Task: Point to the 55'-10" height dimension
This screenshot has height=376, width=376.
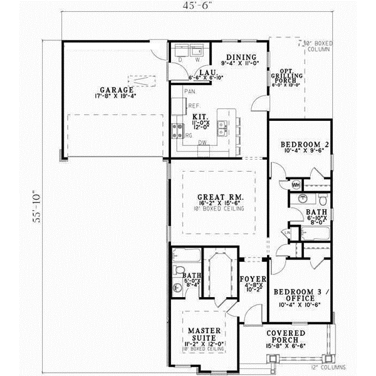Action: (38, 206)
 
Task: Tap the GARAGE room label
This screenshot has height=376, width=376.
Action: (109, 90)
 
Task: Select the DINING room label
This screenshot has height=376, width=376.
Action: (239, 56)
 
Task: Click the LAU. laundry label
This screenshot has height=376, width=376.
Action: (204, 73)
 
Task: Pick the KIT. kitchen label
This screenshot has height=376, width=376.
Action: (200, 117)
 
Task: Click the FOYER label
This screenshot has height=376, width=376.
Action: (253, 278)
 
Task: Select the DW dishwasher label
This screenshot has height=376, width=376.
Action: (202, 143)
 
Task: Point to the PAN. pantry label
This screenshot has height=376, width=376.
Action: (189, 91)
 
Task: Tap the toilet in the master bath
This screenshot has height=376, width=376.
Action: (177, 288)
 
